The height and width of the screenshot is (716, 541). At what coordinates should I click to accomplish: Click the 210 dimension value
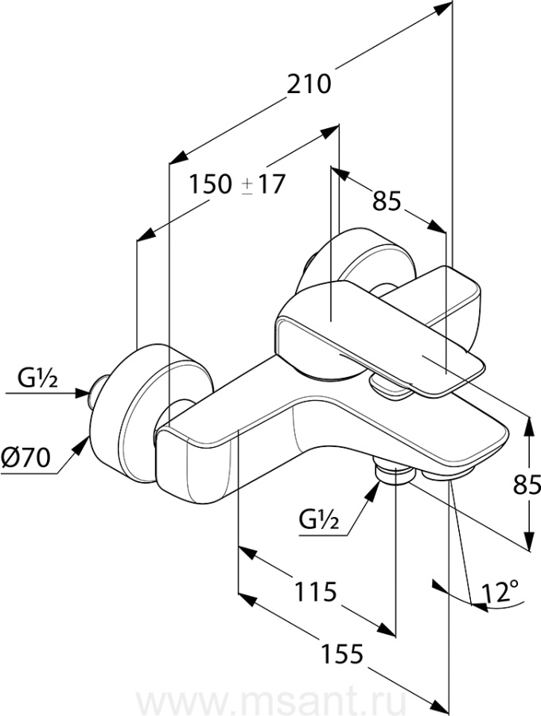click(x=308, y=84)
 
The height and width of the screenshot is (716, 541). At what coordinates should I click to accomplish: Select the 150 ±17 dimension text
click(x=236, y=185)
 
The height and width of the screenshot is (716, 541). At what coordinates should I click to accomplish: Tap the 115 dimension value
click(x=316, y=592)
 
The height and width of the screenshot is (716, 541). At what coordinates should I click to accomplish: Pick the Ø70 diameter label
click(x=26, y=457)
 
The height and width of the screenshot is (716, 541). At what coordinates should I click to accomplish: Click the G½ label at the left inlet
click(x=38, y=378)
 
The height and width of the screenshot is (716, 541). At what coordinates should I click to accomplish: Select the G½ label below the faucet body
click(x=319, y=519)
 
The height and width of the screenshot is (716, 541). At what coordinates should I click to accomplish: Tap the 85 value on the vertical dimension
click(x=527, y=484)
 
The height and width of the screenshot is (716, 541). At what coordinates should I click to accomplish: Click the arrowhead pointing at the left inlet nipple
click(x=82, y=392)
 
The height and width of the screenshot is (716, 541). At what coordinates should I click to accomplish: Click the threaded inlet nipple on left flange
click(x=98, y=393)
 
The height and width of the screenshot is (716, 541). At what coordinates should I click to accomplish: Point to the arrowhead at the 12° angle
click(x=478, y=606)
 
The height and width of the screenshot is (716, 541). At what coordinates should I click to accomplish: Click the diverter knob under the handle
click(x=391, y=383)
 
